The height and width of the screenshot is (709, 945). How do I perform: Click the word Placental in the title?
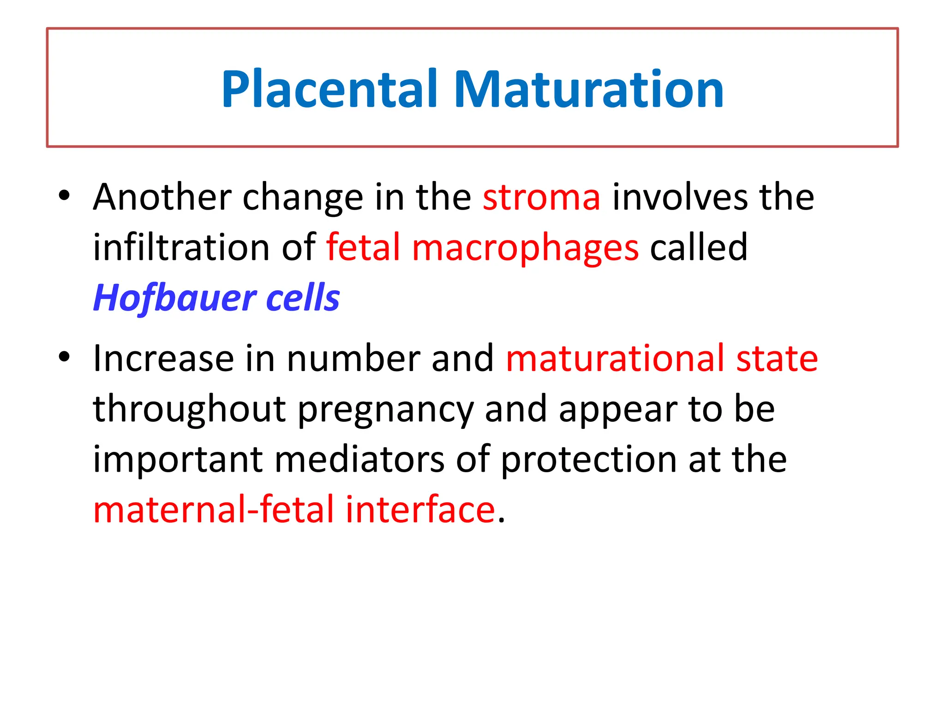pyautogui.click(x=329, y=90)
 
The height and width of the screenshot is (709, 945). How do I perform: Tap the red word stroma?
pyautogui.click(x=541, y=198)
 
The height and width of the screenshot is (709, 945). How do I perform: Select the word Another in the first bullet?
pyautogui.click(x=161, y=198)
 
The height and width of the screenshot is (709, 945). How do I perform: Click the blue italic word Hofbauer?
pyautogui.click(x=174, y=298)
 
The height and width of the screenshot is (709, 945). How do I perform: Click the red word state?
pyautogui.click(x=777, y=359)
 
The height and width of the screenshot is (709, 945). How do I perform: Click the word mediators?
pyautogui.click(x=359, y=460)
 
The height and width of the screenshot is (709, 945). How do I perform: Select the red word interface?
pyautogui.click(x=420, y=510)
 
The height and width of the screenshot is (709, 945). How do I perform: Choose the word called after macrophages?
pyautogui.click(x=698, y=248)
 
